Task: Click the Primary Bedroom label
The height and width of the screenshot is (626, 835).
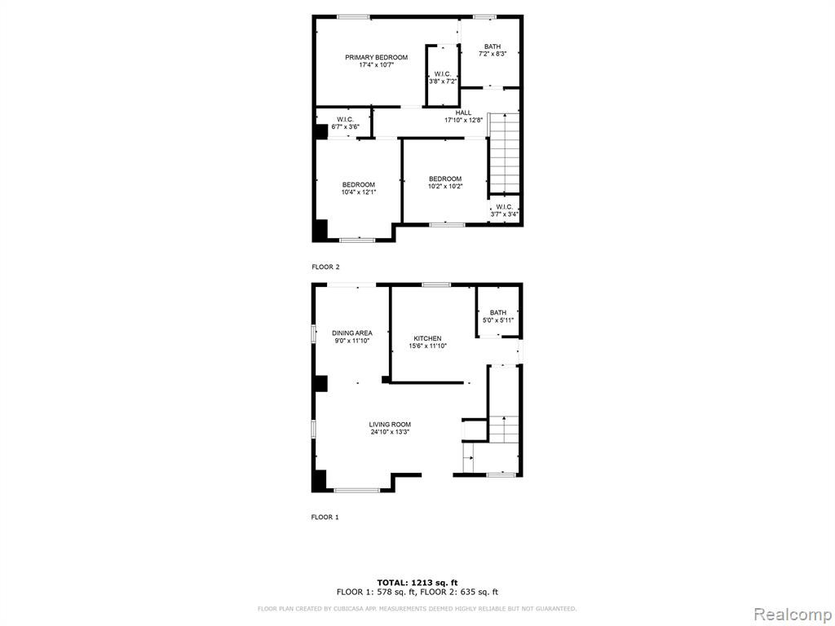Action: [377, 58]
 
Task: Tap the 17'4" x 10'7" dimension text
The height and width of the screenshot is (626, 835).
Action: [377, 65]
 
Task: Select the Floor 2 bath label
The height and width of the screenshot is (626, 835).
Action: [493, 46]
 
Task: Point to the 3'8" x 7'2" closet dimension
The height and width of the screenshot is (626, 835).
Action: [443, 82]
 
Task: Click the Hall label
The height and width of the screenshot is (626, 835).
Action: [463, 112]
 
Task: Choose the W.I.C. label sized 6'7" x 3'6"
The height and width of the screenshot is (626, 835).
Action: [346, 119]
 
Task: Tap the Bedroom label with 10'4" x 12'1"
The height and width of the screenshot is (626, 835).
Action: [359, 185]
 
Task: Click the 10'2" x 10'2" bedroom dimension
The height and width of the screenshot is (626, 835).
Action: [445, 187]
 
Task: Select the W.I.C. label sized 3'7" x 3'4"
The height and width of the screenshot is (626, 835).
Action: [504, 207]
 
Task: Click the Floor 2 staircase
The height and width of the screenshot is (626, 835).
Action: [504, 152]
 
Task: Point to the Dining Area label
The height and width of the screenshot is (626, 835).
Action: [352, 333]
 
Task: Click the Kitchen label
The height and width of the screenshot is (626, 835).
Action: [427, 338]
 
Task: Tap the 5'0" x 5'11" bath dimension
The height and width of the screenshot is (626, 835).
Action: [498, 320]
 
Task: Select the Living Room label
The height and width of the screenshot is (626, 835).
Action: [390, 425]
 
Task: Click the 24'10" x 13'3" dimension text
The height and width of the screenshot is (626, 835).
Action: [390, 432]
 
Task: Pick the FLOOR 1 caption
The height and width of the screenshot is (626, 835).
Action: [325, 517]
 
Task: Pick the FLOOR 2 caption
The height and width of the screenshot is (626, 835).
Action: [325, 267]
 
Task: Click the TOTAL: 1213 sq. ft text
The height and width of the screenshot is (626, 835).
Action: [417, 582]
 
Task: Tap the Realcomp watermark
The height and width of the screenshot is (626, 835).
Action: [792, 614]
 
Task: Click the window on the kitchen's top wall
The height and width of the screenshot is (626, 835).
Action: [437, 284]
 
